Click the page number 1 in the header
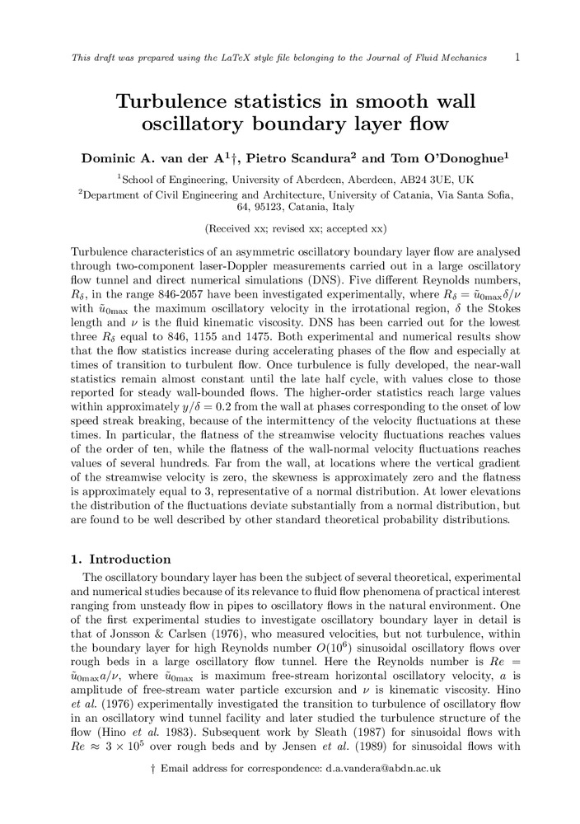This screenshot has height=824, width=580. point(516,57)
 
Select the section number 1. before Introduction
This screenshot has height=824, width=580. point(77,559)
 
